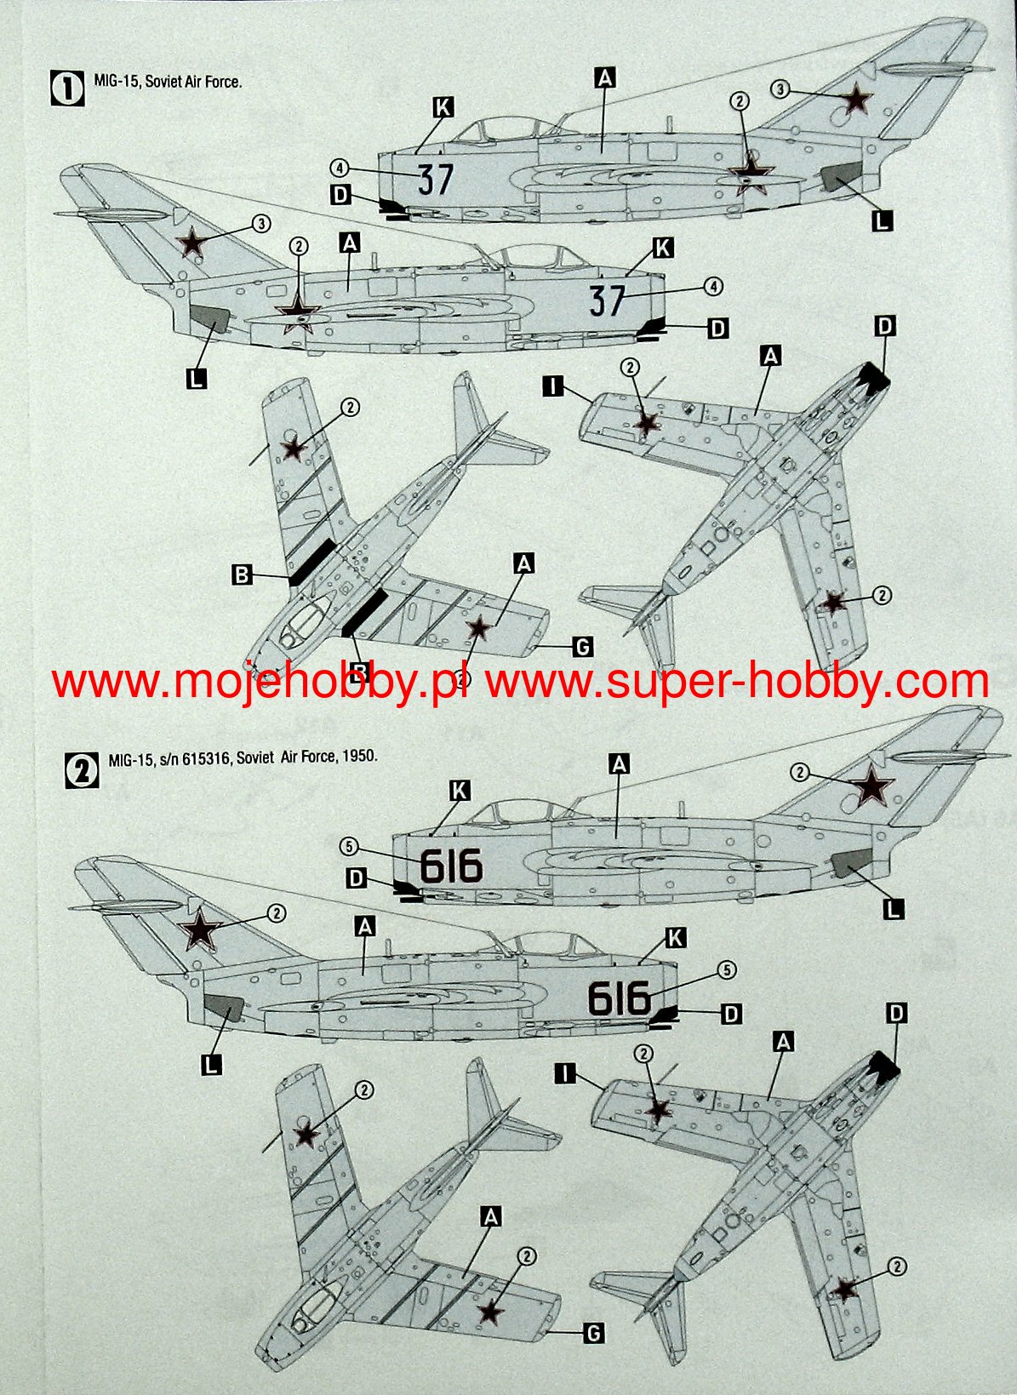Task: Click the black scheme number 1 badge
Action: [68, 89]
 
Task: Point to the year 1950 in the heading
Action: [358, 756]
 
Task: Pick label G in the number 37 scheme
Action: [582, 648]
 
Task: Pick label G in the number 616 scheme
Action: [593, 1333]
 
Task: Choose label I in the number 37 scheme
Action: [553, 387]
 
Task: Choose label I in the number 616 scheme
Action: [563, 1074]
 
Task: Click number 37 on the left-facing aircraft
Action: [436, 179]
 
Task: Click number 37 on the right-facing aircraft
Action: [608, 300]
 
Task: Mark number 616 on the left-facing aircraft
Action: [451, 866]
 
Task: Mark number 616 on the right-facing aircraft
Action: [620, 998]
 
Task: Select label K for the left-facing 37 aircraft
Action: [443, 107]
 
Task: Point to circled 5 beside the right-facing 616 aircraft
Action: [726, 969]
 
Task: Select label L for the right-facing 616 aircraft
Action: [211, 1063]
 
